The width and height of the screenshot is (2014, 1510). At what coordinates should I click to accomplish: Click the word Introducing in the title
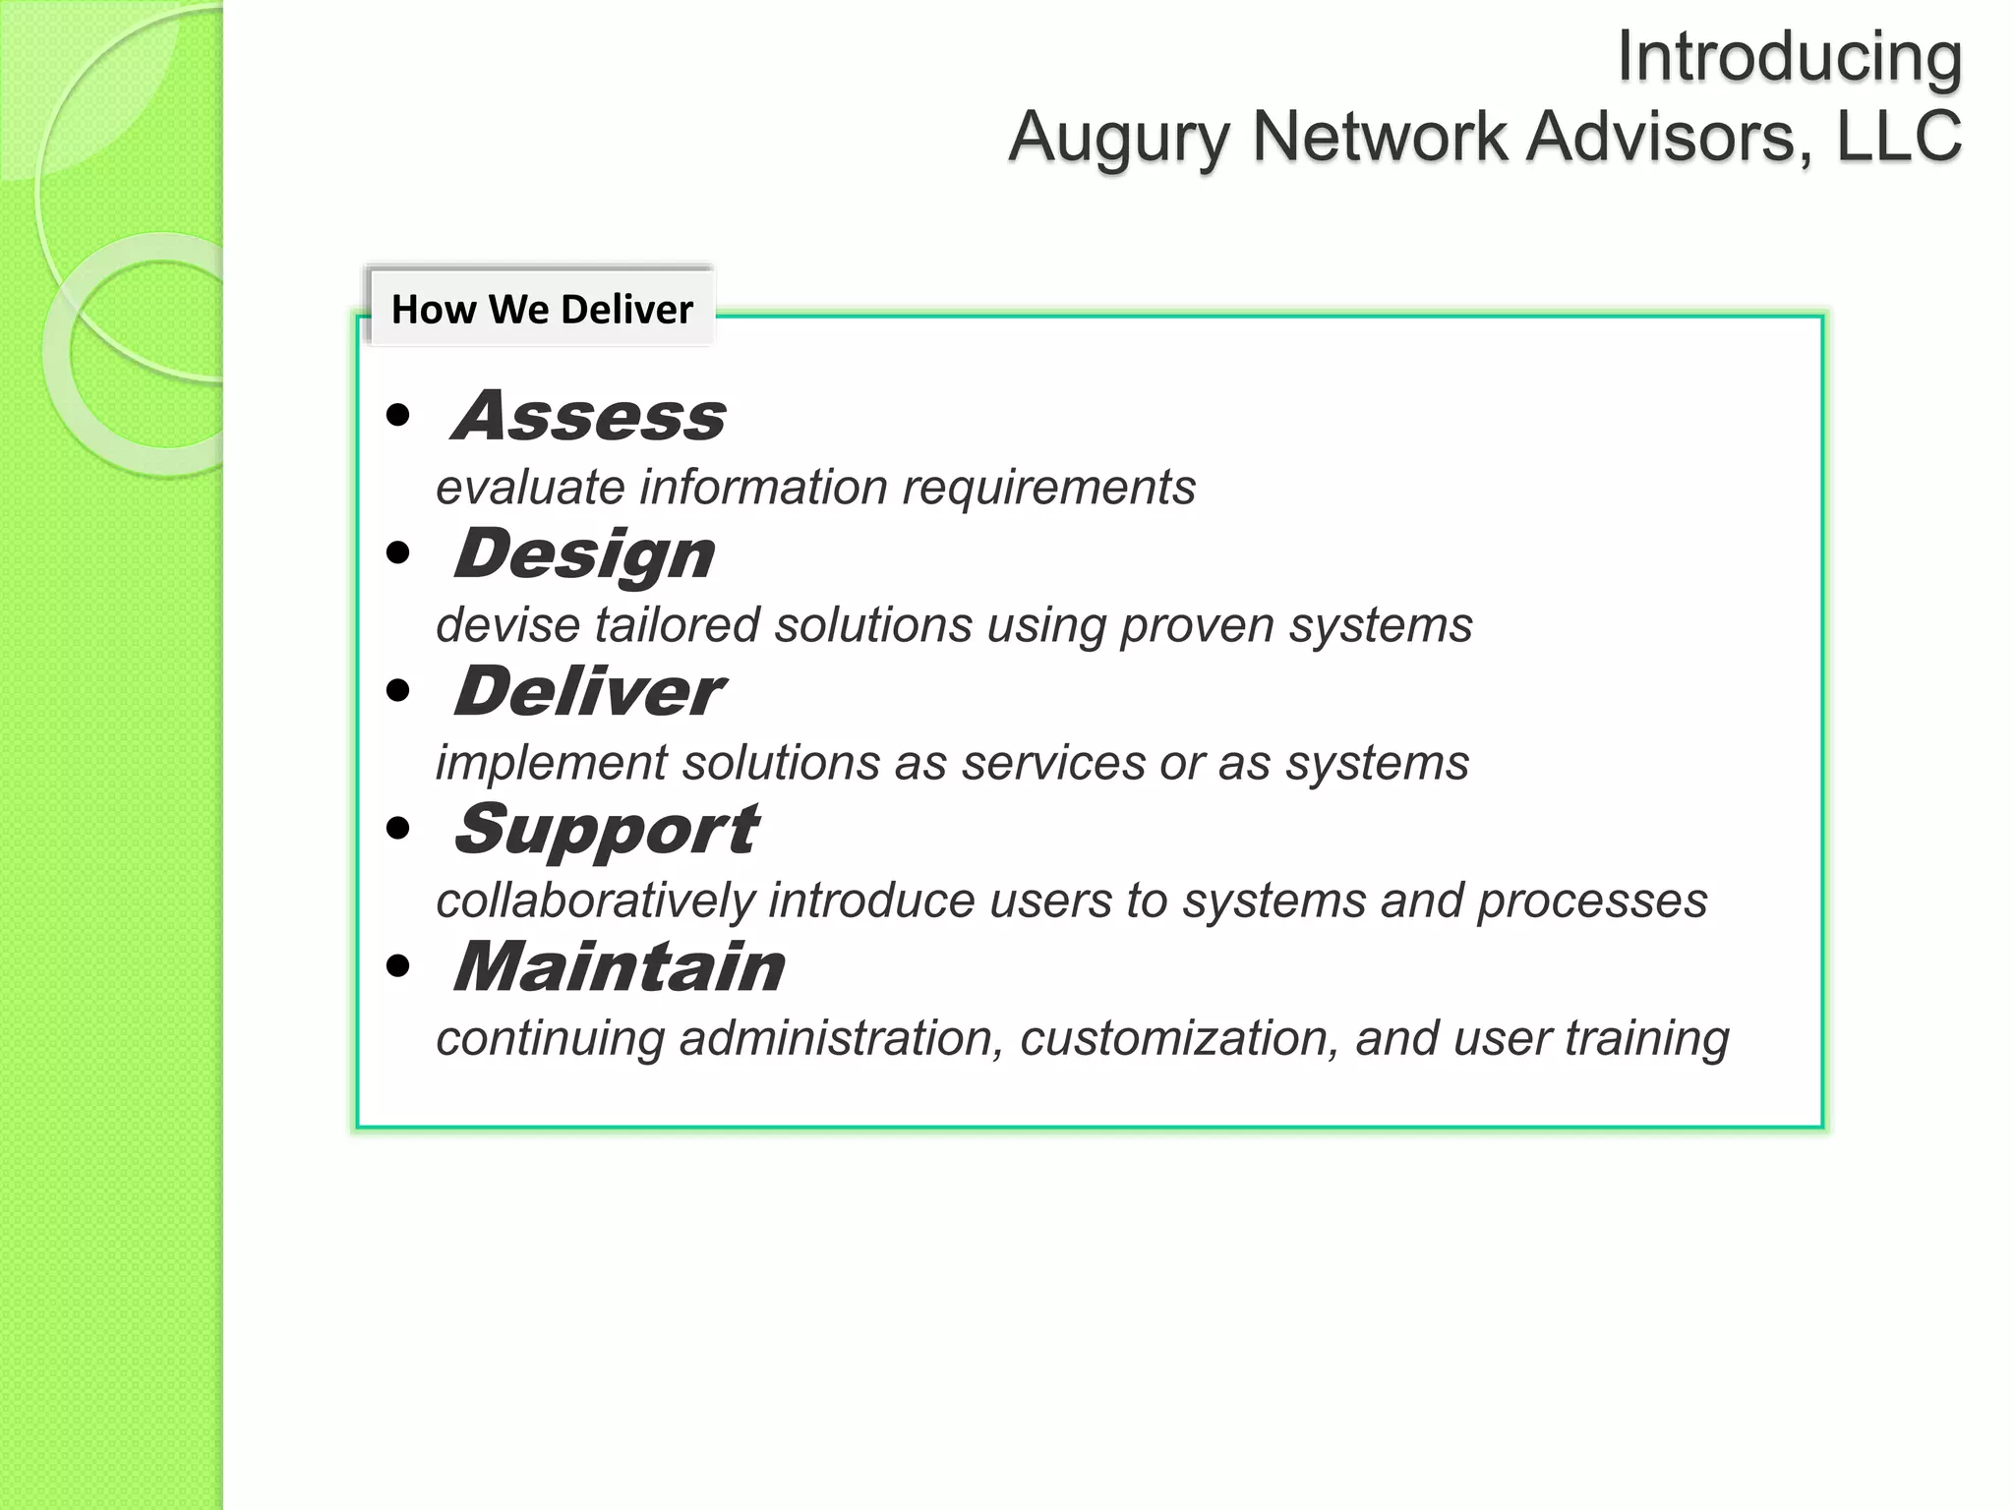tap(1789, 57)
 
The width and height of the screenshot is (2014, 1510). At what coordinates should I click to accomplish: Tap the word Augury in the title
tap(1119, 137)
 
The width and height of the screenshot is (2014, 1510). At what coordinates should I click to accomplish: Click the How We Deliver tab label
tap(542, 310)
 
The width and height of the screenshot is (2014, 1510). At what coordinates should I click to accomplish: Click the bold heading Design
tap(584, 554)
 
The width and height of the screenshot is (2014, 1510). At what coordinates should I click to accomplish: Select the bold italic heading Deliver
tap(588, 692)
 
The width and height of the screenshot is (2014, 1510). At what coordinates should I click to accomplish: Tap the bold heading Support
tap(606, 831)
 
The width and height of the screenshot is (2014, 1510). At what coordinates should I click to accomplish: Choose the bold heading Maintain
tap(619, 967)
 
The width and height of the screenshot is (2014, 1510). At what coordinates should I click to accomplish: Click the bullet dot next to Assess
tap(398, 416)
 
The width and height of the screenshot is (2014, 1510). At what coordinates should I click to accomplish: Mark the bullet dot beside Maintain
tap(398, 967)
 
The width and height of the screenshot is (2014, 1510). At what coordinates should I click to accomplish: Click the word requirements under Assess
tap(1048, 489)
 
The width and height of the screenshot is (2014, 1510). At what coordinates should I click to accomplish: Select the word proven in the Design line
tap(1197, 625)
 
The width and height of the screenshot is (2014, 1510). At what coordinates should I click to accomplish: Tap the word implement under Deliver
tap(552, 764)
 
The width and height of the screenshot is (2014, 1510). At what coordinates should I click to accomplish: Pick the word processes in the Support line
tap(1592, 901)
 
